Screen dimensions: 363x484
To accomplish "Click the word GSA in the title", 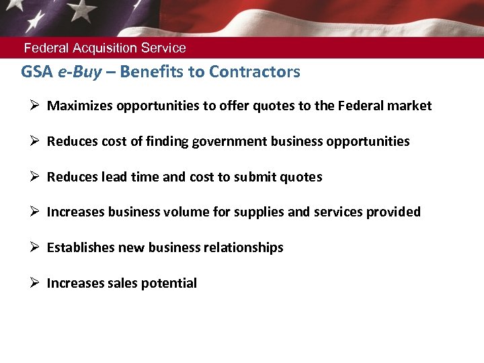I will pyautogui.click(x=36, y=72).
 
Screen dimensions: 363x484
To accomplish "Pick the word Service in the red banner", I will pyautogui.click(x=164, y=48).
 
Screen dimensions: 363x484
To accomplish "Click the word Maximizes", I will pyautogui.click(x=80, y=106).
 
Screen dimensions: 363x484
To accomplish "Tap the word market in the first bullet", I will pyautogui.click(x=410, y=106).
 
